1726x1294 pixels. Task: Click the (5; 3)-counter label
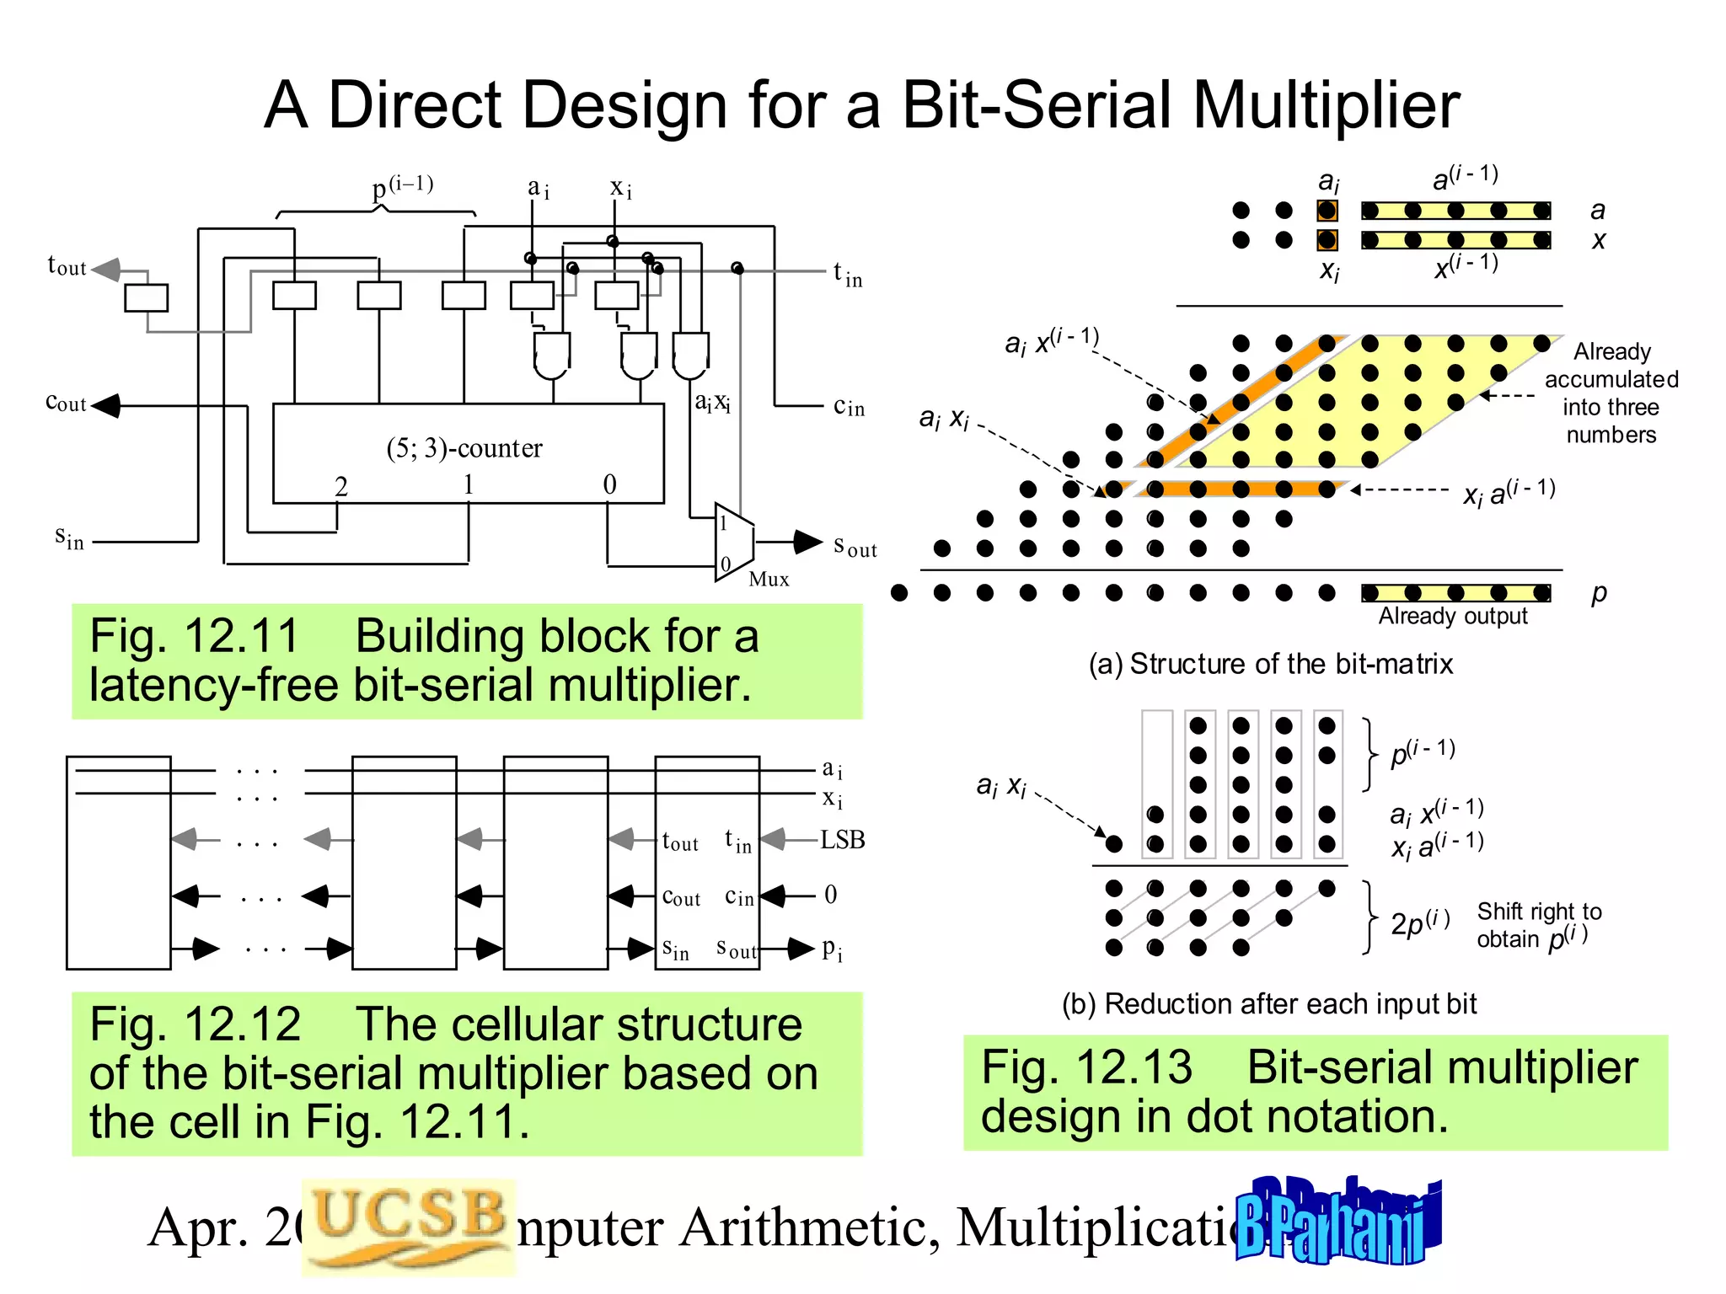(x=464, y=448)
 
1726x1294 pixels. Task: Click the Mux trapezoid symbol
(x=733, y=542)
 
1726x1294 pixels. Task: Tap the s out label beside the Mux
(x=854, y=547)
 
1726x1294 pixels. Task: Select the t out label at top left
(x=67, y=266)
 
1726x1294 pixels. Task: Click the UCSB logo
(x=408, y=1226)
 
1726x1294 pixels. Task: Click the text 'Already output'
(x=1452, y=617)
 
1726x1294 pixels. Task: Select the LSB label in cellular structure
(x=842, y=840)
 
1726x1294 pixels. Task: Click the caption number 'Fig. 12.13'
(x=1087, y=1067)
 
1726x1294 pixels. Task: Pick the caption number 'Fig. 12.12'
(x=195, y=1024)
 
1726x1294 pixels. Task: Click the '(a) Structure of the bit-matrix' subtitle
(x=1270, y=664)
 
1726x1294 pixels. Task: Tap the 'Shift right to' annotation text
(x=1539, y=912)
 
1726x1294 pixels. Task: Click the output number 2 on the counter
(x=340, y=486)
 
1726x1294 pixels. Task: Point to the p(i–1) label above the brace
(x=402, y=186)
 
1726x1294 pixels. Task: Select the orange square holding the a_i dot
(x=1327, y=210)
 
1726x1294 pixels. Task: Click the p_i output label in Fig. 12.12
(x=831, y=949)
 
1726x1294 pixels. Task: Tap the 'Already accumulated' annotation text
(x=1611, y=365)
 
